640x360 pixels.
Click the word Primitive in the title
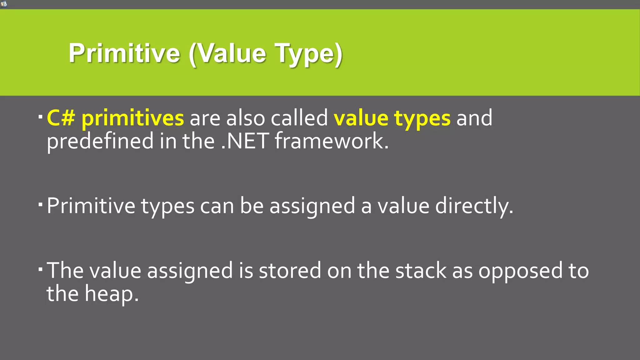pyautogui.click(x=124, y=53)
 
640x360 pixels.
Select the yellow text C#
pyautogui.click(x=61, y=118)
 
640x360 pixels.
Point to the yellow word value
pyautogui.click(x=361, y=118)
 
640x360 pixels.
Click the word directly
pyautogui.click(x=474, y=206)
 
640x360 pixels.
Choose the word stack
pyautogui.click(x=421, y=271)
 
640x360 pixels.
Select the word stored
pyautogui.click(x=290, y=271)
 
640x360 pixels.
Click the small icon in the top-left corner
pyautogui.click(x=3, y=4)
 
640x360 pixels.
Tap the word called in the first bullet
pyautogui.click(x=299, y=118)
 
